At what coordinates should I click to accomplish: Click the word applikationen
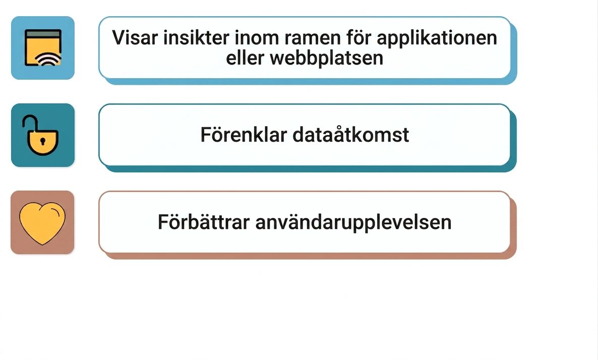click(437, 38)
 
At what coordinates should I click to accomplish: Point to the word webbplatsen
click(326, 58)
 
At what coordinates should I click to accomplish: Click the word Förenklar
click(244, 135)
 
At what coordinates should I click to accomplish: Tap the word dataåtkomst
click(351, 135)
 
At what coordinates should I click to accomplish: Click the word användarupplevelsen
click(353, 223)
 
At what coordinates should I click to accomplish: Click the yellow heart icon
click(42, 223)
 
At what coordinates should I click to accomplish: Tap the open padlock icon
click(41, 135)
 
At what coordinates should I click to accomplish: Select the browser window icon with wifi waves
click(43, 48)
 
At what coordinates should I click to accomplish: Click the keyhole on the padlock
click(43, 142)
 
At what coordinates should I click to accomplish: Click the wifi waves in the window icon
click(48, 59)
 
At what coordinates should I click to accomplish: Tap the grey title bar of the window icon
click(43, 34)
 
